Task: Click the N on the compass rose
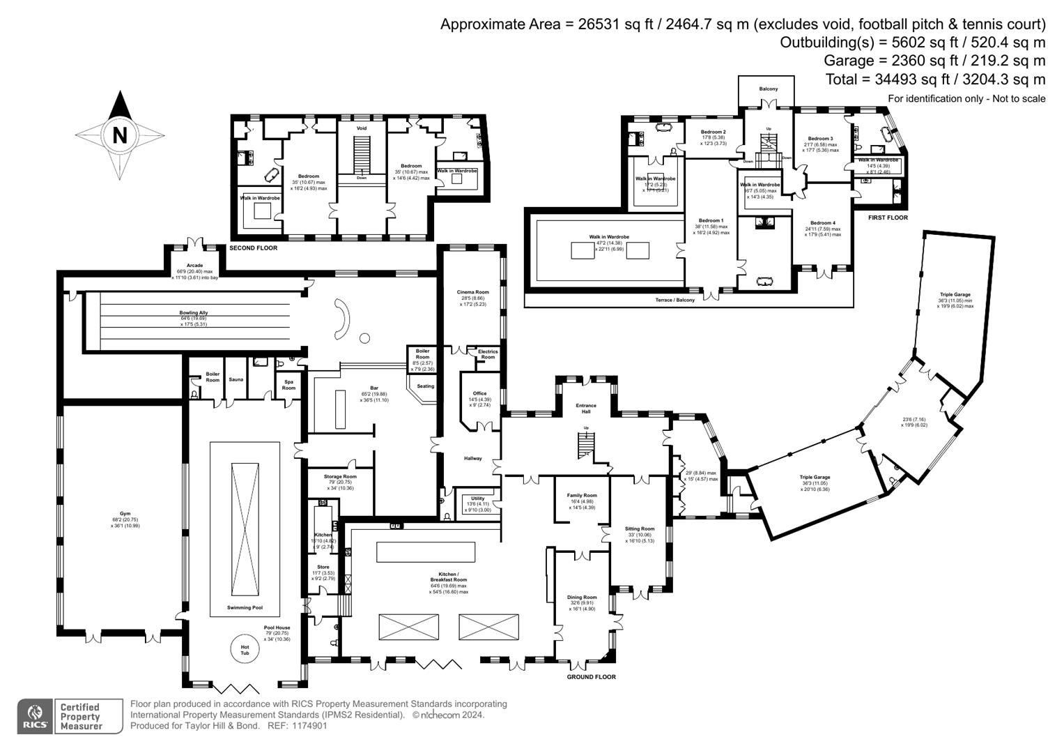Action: click(x=120, y=134)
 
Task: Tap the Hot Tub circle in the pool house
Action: click(x=245, y=649)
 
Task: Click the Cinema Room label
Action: click(x=472, y=292)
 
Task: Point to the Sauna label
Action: click(x=236, y=379)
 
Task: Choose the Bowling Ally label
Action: click(x=193, y=313)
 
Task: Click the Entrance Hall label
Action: click(x=585, y=409)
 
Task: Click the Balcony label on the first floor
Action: click(x=768, y=89)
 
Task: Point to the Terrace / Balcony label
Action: click(x=675, y=300)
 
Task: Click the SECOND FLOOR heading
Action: click(x=253, y=248)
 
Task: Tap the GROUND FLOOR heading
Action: click(x=591, y=676)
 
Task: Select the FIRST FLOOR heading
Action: click(x=887, y=218)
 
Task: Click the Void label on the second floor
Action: click(x=361, y=128)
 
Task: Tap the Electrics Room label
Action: click(x=488, y=354)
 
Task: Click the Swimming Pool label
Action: click(x=245, y=607)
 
